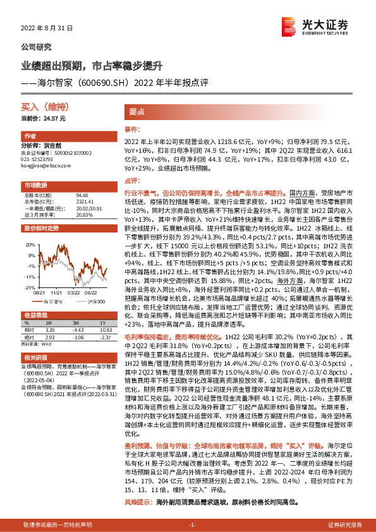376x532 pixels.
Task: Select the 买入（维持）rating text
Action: [x=39, y=109]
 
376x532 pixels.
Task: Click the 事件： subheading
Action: [x=131, y=128]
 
